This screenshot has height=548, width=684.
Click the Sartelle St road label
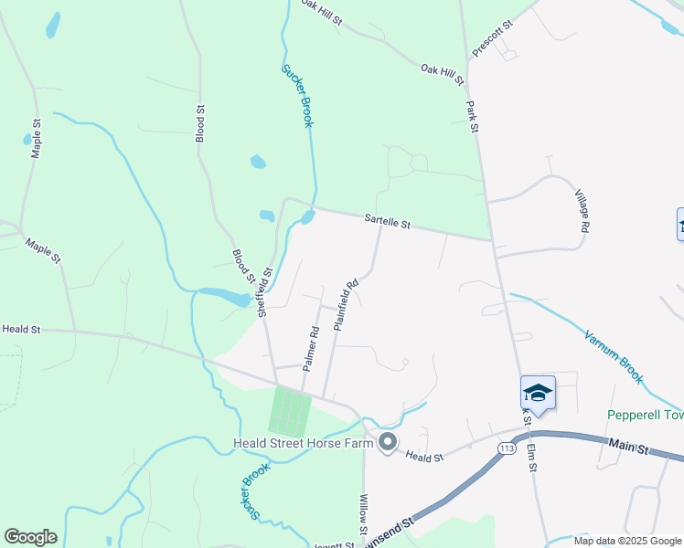[388, 221]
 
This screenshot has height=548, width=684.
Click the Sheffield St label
[264, 291]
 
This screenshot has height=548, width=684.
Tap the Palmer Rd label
[311, 347]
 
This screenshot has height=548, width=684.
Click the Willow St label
[363, 516]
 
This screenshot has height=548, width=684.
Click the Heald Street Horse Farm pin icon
[387, 443]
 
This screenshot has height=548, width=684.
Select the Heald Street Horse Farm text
[303, 444]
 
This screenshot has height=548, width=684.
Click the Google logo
[30, 537]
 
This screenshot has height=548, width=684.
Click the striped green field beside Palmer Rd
[291, 410]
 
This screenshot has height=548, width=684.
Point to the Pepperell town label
[646, 415]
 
